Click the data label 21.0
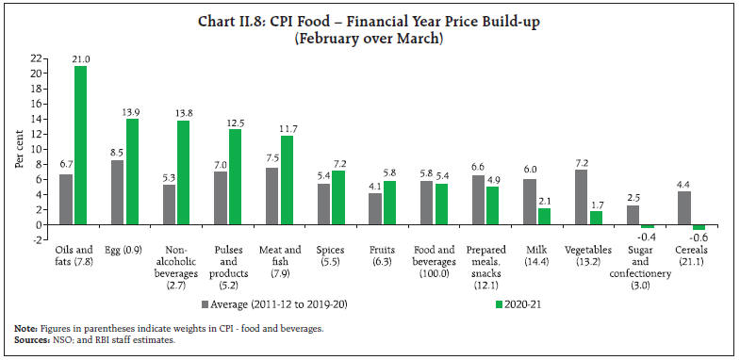click(83, 58)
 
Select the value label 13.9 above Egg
click(133, 112)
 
